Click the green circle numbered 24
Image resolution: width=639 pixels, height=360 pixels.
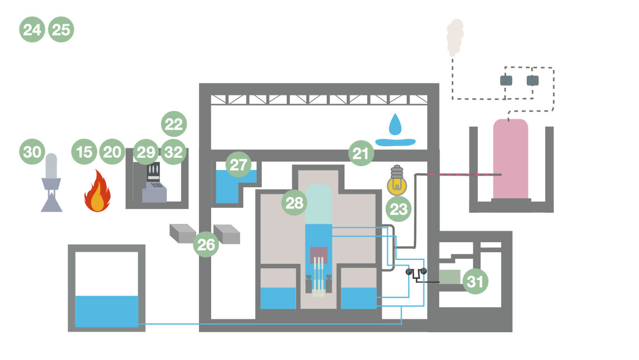coord(32,29)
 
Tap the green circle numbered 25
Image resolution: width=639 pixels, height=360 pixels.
coord(61,29)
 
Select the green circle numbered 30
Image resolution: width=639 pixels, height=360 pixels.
coord(32,152)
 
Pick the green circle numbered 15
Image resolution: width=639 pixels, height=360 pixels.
coord(84,152)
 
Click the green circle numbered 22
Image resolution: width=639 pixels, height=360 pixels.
coord(174,124)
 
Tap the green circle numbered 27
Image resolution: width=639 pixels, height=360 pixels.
coord(238,166)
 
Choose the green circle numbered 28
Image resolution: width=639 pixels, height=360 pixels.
coord(294,203)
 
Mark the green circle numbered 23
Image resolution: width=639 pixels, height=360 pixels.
coord(399,209)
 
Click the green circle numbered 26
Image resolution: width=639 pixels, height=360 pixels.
coord(206,245)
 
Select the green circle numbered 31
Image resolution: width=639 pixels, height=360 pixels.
coord(475,282)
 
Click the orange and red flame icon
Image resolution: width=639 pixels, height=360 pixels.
coord(97,193)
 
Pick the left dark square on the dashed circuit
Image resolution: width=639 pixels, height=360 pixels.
coord(506,80)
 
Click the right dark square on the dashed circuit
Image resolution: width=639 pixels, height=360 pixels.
coord(532,80)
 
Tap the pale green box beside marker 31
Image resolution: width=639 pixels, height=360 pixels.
coord(449,276)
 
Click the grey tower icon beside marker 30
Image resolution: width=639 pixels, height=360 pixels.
coord(51,183)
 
